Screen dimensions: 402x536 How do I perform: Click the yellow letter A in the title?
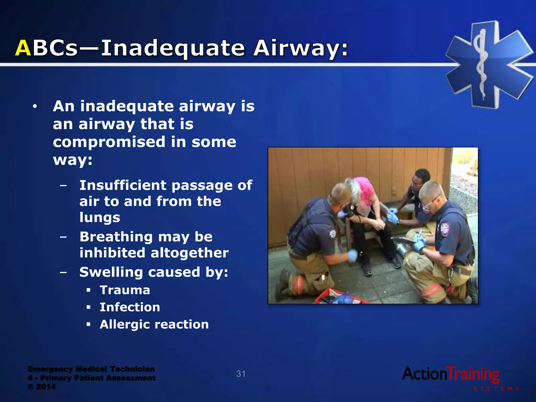tap(23, 48)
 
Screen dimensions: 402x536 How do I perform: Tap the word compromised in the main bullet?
tap(109, 142)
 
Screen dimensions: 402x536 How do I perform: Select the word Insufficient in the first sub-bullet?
tap(123, 185)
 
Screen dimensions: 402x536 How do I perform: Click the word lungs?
tap(100, 217)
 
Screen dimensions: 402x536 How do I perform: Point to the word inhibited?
tap(112, 253)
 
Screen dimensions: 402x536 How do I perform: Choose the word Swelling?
tap(111, 272)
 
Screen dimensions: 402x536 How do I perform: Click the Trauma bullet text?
tap(125, 290)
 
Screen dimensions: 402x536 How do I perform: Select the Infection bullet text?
tap(130, 307)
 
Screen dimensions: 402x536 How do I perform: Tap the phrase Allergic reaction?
tap(154, 325)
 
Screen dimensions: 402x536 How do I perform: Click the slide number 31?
tap(241, 374)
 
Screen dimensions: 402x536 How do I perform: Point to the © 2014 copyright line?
tap(42, 387)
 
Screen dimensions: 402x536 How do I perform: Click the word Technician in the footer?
tap(132, 369)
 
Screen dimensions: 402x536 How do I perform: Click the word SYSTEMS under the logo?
tap(496, 389)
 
